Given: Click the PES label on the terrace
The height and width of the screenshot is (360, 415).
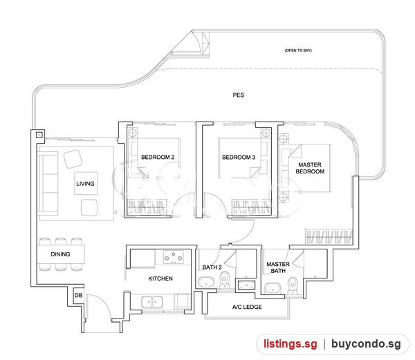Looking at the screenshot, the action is coord(238,95).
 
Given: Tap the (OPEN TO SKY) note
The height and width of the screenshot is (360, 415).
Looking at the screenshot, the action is coord(298,50).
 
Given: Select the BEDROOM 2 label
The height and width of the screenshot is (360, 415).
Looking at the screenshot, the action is coord(158,158).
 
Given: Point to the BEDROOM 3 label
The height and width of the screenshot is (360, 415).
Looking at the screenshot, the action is coord(239,158).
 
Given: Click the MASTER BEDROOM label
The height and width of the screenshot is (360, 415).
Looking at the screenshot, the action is coord(310,168).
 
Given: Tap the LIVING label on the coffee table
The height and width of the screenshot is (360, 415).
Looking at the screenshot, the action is coord(85,184).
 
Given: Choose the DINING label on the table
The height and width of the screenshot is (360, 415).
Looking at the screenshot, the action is coord(60,254).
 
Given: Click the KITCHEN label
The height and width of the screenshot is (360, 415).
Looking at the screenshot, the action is coord(160,278).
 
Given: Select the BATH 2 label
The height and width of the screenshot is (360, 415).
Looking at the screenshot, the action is coord(212,267).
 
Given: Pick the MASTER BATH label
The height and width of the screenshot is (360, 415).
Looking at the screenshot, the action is coord(278,267).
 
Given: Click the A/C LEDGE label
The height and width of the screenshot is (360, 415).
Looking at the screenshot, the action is coord(247,307).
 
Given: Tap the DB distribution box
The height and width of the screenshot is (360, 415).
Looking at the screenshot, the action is coord(78,296).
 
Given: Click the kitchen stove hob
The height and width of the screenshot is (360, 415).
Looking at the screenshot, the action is coord(174,257).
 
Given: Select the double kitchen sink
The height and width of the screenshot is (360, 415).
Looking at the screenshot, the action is coord(152,302).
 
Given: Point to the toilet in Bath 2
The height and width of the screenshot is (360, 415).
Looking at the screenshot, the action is coord(225,280).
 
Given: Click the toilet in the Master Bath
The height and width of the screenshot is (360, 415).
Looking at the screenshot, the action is coord(293,285).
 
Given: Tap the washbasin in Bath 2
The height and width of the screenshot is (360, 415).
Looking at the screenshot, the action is coord(206,283).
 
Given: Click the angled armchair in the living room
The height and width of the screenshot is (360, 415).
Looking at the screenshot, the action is coord(73,159).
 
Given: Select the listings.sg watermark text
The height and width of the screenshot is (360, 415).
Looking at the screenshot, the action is coord(290,344).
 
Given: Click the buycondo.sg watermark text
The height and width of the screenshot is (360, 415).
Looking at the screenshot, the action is coord(366,344).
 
